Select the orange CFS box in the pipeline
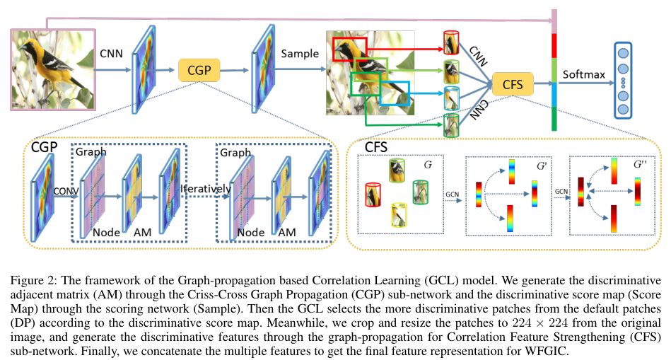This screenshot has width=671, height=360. [512, 85]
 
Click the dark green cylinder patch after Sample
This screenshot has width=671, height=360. [451, 124]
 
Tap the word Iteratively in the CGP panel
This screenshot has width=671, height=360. [205, 189]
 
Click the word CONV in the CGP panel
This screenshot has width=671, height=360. [62, 189]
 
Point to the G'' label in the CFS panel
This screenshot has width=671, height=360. [641, 164]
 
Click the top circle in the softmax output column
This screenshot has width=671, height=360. [624, 52]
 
